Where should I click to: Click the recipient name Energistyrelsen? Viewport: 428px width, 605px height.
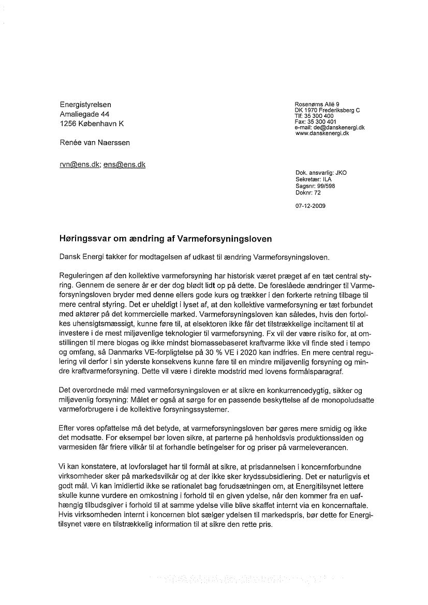(85, 105)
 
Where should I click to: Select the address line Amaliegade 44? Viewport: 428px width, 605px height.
(84, 114)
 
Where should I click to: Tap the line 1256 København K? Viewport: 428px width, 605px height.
(92, 124)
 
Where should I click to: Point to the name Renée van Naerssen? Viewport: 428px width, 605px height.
(95, 142)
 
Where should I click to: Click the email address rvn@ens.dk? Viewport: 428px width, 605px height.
(80, 164)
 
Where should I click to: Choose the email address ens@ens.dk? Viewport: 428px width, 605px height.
(124, 164)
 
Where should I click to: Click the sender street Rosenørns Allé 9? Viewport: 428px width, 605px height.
(317, 105)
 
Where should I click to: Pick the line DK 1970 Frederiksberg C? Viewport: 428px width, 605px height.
(327, 111)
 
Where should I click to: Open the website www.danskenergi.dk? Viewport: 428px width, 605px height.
(322, 133)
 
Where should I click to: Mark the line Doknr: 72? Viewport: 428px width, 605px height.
(308, 192)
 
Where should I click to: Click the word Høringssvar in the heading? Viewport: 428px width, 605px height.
(84, 239)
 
